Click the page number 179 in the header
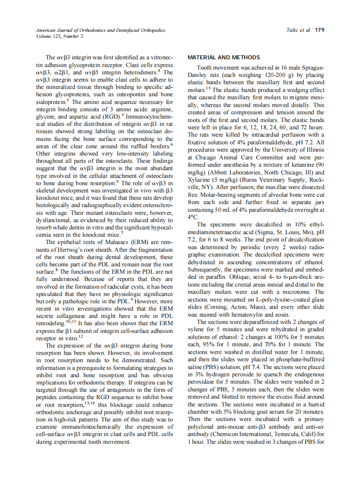point(320,30)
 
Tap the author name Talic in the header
point(293,30)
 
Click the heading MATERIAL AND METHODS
point(224,58)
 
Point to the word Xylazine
point(201,180)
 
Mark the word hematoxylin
point(243,314)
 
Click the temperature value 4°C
point(192,217)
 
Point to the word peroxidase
point(203,381)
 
